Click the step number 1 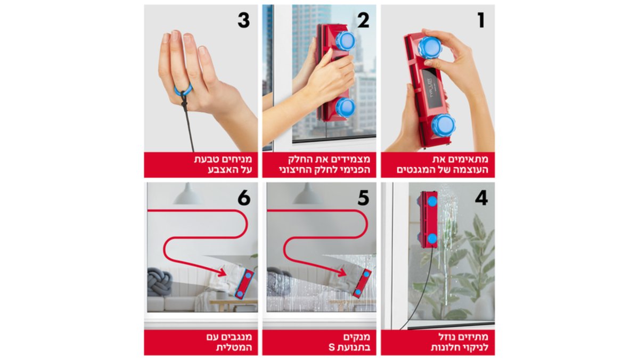click(481, 21)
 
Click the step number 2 click(363, 21)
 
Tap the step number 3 click(244, 21)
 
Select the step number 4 click(481, 198)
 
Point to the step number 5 click(363, 199)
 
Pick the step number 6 click(244, 199)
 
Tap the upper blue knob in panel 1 click(430, 47)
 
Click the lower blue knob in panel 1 click(443, 126)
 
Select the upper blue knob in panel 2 click(345, 42)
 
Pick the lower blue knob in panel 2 click(345, 108)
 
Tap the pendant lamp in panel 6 click(187, 194)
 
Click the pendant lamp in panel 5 click(308, 194)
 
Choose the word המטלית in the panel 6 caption click(234, 348)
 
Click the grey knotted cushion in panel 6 click(159, 282)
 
